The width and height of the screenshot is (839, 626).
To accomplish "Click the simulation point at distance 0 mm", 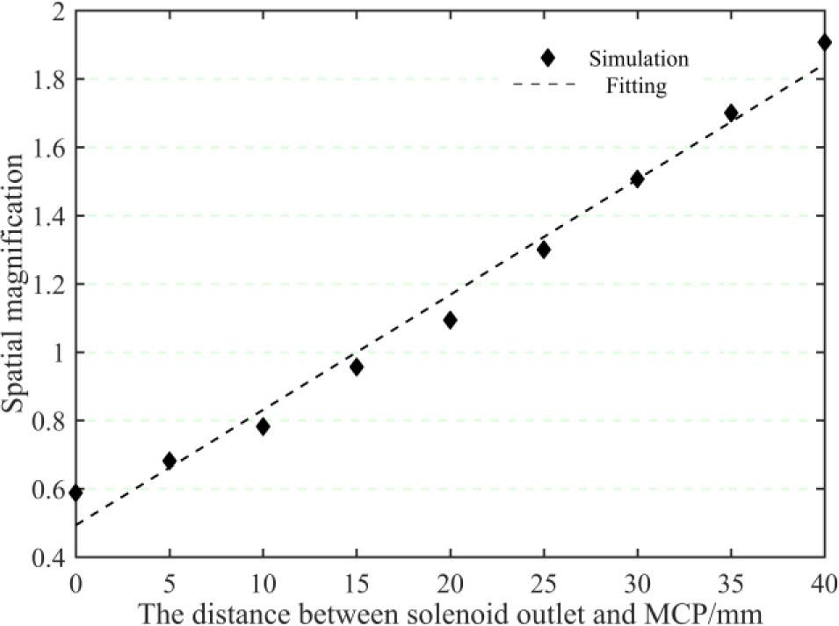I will (x=76, y=492).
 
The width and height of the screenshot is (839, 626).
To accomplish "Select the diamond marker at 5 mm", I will (x=170, y=461).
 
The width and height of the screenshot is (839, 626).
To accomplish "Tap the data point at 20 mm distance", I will (x=450, y=320).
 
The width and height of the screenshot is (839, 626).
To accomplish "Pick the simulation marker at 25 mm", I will (x=544, y=249).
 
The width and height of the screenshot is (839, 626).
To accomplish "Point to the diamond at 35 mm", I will (x=731, y=113).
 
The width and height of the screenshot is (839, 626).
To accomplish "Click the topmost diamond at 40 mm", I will (x=824, y=42).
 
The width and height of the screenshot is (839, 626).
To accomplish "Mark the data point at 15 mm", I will (x=357, y=367).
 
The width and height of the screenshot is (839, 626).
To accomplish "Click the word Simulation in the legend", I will (x=639, y=59).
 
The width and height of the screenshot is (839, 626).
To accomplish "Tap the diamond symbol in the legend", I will (x=548, y=58).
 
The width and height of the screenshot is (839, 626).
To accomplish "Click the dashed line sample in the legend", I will (x=545, y=84).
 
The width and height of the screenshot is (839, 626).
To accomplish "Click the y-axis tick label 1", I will (x=58, y=353).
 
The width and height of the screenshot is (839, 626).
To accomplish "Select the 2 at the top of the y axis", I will (x=58, y=11).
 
